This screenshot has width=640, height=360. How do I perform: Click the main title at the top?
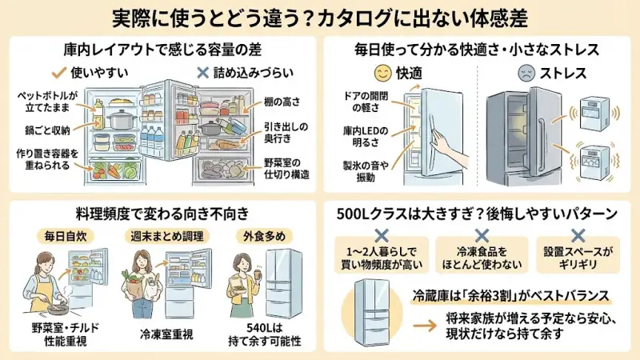click(x=320, y=17)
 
